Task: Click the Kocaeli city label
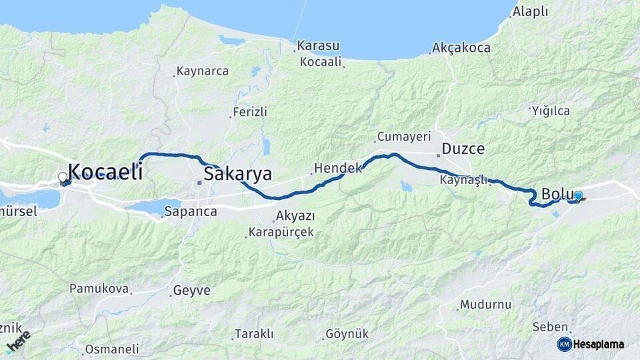pos(105,171)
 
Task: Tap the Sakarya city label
pos(238,175)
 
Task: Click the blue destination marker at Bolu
pos(578,196)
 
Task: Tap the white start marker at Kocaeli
pos(63,177)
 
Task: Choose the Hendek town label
pos(337,168)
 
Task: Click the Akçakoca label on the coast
pos(461,48)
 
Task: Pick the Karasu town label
pos(318,46)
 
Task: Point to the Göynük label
pos(347,334)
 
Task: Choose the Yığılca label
pos(551,111)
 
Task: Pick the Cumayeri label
pos(404,137)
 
